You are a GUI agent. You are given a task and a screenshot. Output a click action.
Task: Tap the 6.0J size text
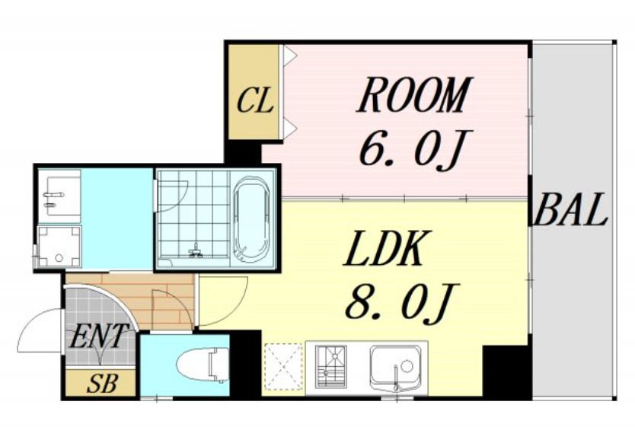point(410,148)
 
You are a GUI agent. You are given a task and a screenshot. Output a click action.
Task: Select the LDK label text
point(383,249)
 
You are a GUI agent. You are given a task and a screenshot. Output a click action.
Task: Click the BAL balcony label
point(570,209)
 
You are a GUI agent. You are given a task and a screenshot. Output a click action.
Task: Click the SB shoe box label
point(102,384)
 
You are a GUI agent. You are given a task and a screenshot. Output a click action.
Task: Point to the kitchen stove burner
point(331,367)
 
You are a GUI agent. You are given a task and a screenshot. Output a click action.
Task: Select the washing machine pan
point(59,246)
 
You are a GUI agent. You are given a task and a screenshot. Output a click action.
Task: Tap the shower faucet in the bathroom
point(196,251)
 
